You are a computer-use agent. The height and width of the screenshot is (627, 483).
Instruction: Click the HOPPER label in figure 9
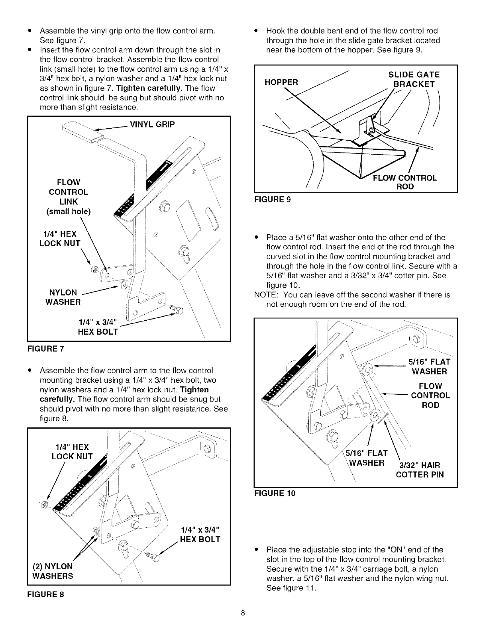point(281,82)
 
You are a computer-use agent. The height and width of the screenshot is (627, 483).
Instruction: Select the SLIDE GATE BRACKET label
point(414,79)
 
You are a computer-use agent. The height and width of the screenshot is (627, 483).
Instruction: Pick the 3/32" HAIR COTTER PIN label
point(419,470)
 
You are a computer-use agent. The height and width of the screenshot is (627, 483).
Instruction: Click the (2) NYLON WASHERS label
point(53,571)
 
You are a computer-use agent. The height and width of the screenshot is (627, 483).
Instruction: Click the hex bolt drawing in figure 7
point(176,309)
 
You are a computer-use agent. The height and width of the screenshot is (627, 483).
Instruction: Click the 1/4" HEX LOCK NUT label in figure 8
point(72,452)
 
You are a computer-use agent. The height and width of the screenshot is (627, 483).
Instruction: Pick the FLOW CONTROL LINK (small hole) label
point(69,197)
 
